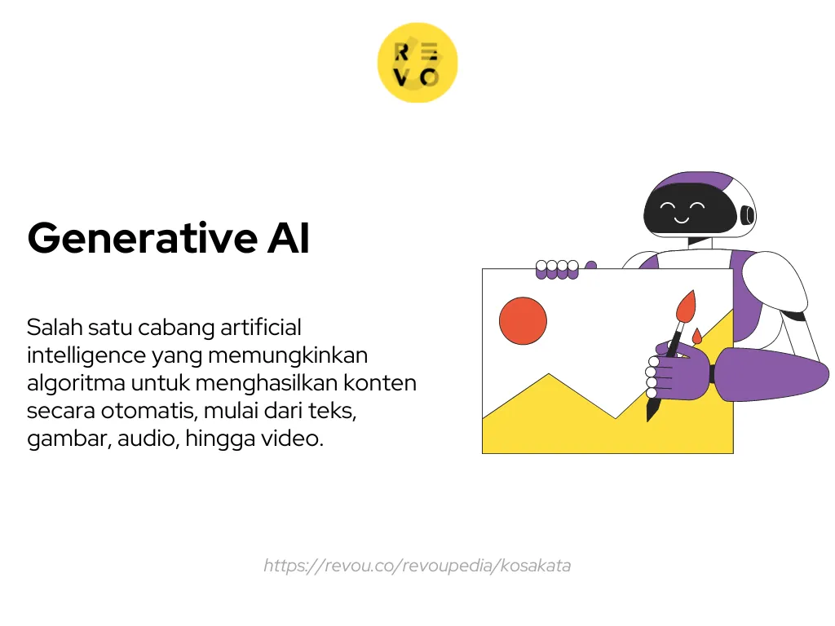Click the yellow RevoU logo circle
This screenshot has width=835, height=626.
417,63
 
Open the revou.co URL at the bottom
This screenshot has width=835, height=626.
417,566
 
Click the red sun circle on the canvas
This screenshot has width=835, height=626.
523,320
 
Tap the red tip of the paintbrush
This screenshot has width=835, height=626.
685,306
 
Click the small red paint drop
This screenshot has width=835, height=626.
696,336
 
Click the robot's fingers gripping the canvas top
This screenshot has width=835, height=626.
557,268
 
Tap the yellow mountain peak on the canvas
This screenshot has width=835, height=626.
549,377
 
